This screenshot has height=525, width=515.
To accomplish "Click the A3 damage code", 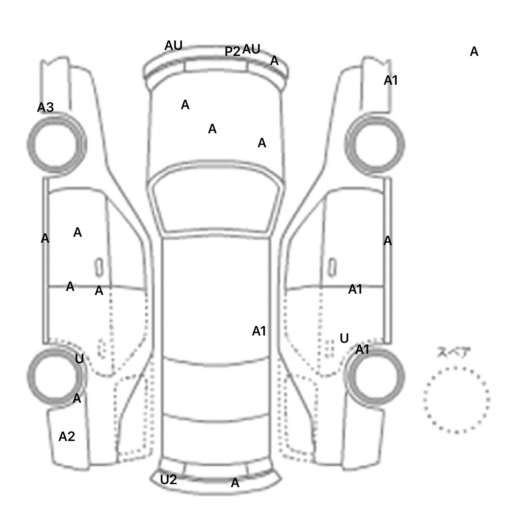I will coord(45,107).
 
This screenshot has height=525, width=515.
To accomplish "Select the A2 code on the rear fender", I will coord(67,437).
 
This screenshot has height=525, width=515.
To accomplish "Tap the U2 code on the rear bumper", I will coord(168,480).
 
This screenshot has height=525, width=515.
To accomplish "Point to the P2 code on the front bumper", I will coord(232,52).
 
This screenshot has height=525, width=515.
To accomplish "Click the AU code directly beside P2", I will coord(251,49).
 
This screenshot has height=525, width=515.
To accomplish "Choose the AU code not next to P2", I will coord(173,46).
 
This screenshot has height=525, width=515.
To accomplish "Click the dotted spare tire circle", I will coord(456,400).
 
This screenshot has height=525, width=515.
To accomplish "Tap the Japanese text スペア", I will coord(454,353).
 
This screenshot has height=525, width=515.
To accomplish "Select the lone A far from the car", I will coord(474,52).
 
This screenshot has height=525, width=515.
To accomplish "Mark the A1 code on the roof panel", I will coord(259,331).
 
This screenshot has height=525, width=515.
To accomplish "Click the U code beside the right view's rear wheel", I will coord(344,339).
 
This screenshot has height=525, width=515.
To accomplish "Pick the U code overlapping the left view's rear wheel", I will coord(79,359).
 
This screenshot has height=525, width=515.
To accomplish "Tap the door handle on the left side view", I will coord(99,267).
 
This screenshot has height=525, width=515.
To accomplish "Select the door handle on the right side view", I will coord(332,267).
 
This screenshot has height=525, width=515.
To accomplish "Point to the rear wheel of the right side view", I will coord(375,376).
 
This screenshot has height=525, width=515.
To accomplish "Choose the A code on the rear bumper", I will coord(235,483).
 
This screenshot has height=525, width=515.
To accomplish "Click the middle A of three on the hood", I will coord(212,129).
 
